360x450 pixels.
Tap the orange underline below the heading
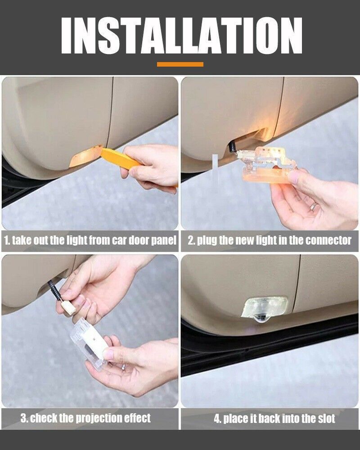point(180,64)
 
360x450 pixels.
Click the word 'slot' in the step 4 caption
point(326,418)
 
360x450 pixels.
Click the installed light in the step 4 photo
point(264,310)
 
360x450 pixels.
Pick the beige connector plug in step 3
point(68,307)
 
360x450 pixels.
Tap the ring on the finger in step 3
point(123,366)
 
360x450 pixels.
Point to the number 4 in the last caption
point(217,418)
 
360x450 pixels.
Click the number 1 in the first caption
point(6,240)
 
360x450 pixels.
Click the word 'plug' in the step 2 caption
point(207,241)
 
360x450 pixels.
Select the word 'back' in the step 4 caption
point(269,418)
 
